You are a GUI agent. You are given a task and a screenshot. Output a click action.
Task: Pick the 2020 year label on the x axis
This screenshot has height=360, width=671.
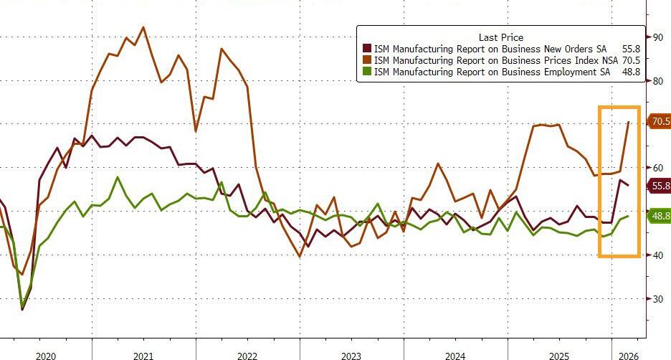click(45, 356)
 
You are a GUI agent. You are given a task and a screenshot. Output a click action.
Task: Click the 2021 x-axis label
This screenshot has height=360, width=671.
click(143, 356)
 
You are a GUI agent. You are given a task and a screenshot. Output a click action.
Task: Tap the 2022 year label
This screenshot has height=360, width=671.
click(247, 356)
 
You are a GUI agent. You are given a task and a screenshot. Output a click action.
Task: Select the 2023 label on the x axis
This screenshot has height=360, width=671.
click(351, 356)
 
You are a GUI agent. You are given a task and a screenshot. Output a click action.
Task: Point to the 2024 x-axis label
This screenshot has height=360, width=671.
click(455, 356)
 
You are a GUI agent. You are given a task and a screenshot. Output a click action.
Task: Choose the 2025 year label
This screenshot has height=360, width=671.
click(559, 356)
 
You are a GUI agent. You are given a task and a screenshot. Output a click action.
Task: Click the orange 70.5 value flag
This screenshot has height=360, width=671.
click(659, 122)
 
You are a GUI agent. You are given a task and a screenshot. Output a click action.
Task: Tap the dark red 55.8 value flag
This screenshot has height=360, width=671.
click(659, 186)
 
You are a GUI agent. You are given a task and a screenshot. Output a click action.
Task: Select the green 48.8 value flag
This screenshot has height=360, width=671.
click(659, 216)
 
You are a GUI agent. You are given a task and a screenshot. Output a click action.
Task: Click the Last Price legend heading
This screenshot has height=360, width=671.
click(500, 37)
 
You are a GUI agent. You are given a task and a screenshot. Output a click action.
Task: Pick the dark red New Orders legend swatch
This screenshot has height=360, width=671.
click(367, 49)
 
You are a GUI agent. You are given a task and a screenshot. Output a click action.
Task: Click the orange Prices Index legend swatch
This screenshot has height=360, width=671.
click(367, 61)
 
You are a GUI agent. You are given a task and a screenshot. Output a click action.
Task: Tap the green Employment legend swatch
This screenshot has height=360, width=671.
click(367, 72)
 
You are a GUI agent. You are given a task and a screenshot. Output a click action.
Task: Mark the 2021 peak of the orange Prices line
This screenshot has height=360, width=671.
click(143, 27)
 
